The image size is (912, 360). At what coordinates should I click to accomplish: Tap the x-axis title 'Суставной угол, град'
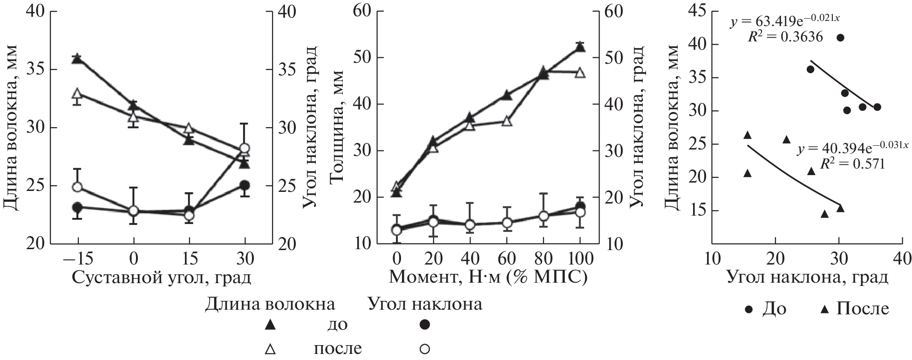[x=162, y=278]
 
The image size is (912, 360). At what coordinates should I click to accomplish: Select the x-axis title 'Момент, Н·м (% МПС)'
[x=488, y=278]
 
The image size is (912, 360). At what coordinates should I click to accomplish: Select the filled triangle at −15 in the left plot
[x=77, y=59]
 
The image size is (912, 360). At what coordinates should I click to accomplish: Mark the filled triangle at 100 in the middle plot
[x=580, y=48]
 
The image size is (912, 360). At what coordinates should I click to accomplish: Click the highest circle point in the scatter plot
[x=840, y=38]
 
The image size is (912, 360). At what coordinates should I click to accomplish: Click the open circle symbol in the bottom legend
[x=424, y=348]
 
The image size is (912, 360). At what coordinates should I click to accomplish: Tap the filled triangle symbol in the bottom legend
[x=270, y=325]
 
